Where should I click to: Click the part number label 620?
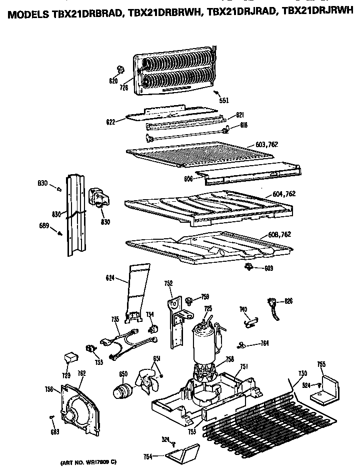pyautogui.click(x=113, y=81)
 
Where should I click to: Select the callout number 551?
pyautogui.click(x=224, y=100)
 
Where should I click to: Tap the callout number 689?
pyautogui.click(x=44, y=226)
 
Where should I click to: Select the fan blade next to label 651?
pyautogui.click(x=146, y=384)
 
